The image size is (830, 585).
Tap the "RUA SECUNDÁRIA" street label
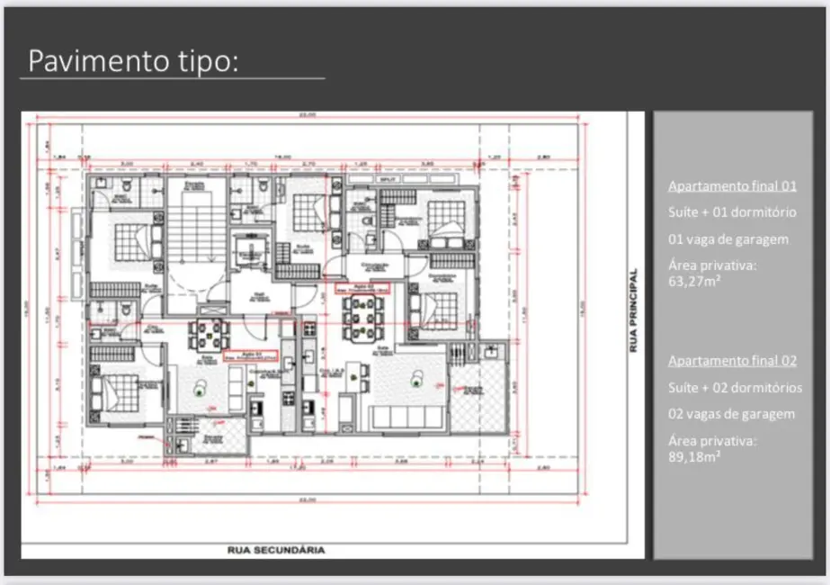276,549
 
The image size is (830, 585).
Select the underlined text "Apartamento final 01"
732,186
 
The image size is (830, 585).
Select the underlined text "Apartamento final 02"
732,361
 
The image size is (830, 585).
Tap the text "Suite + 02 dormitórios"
734,387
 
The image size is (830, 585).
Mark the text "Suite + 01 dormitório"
731,212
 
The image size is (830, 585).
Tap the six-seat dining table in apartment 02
364,317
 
